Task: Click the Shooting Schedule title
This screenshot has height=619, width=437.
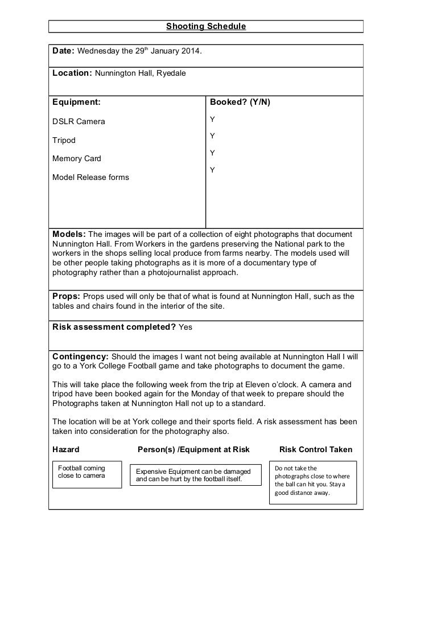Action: pos(205,26)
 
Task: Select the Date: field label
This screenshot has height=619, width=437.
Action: pos(63,51)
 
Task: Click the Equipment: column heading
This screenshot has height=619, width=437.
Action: pos(76,103)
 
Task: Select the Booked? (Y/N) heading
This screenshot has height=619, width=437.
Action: pos(240,103)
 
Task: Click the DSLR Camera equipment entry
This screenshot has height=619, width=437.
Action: pos(79,121)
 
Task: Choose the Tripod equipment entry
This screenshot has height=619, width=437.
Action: pos(64,140)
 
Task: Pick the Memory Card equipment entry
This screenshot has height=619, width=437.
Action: pos(77,158)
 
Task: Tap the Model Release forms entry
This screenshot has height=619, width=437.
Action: pos(90,177)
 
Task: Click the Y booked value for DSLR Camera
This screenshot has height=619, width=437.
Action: pos(212,120)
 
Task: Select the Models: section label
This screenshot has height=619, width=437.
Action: pos(69,235)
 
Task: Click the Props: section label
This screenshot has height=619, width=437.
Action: pos(67,296)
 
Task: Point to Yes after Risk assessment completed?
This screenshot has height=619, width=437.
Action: pos(185,327)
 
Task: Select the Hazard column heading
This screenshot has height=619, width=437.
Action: pos(66,449)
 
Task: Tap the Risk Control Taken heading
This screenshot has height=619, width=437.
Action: pos(316,449)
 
